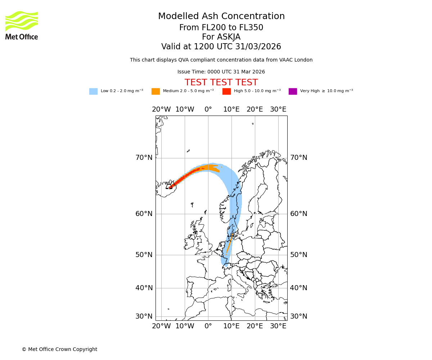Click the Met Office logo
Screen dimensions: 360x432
(22, 25)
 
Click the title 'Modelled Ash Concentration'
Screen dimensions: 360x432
(221, 17)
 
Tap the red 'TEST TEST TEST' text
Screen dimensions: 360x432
(221, 83)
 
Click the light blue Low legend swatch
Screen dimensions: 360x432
(93, 91)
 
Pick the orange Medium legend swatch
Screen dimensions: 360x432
(156, 91)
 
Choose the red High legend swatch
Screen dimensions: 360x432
(226, 91)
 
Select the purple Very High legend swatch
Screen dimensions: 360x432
(293, 91)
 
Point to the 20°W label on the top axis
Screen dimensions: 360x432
(161, 109)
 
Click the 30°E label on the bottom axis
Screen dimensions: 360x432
(278, 326)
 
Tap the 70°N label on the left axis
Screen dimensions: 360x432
(144, 158)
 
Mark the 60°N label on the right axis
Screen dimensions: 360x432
(299, 214)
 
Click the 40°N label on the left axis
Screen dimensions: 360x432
(144, 288)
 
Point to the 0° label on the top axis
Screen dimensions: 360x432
(208, 109)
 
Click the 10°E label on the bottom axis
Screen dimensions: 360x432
(231, 326)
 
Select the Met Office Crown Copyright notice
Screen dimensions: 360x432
(59, 350)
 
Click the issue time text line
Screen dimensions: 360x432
(221, 72)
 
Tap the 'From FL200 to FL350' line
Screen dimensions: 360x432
(221, 28)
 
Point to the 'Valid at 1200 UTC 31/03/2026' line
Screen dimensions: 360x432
(221, 47)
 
